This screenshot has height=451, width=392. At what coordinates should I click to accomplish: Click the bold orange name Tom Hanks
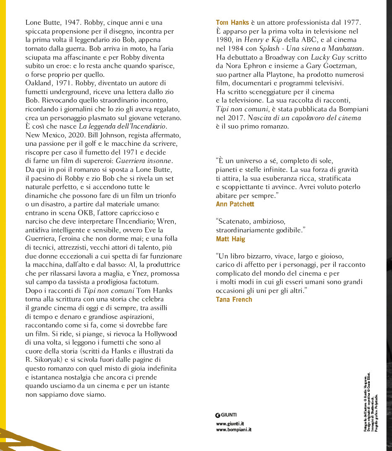(x=233, y=22)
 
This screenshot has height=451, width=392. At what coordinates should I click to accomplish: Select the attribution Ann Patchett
(x=235, y=204)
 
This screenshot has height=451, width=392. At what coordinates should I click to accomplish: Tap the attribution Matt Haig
(x=230, y=239)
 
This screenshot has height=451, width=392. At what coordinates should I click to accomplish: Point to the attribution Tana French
(x=234, y=299)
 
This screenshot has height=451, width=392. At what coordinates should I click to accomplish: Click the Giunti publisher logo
(x=226, y=415)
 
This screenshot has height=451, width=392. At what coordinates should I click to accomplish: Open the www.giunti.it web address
(x=230, y=423)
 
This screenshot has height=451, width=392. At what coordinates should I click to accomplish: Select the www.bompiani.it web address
(x=233, y=430)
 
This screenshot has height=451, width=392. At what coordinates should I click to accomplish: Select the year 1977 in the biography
(x=353, y=22)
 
